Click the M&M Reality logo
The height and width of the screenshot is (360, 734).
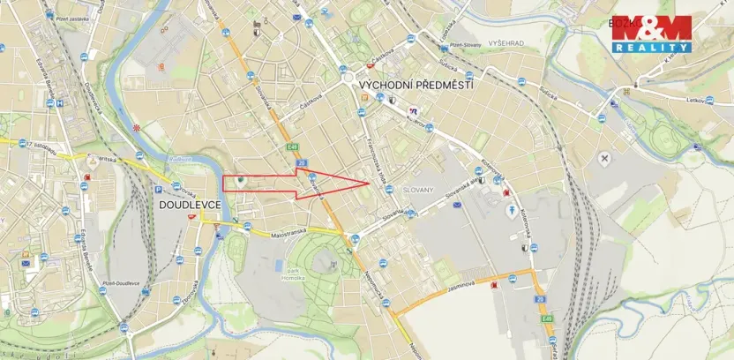652,34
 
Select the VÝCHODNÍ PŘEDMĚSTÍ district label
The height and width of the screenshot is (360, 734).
415,85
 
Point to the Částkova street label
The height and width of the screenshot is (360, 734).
311,105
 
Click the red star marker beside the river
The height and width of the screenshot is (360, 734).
136,129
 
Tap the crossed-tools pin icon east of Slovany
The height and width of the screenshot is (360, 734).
604,158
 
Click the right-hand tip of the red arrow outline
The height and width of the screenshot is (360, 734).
368,183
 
